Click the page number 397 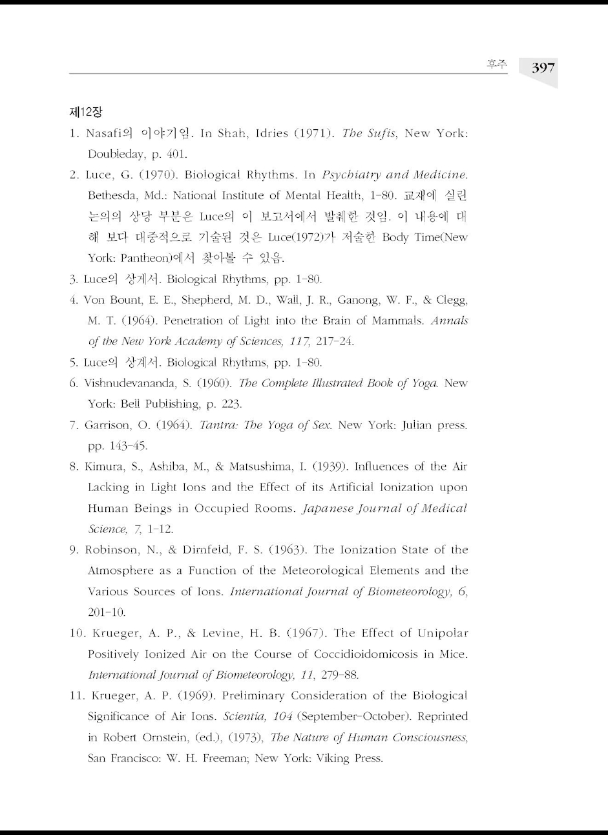point(543,68)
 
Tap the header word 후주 point(496,64)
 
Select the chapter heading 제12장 point(85,112)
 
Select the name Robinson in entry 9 point(110,550)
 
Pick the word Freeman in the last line point(222,758)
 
